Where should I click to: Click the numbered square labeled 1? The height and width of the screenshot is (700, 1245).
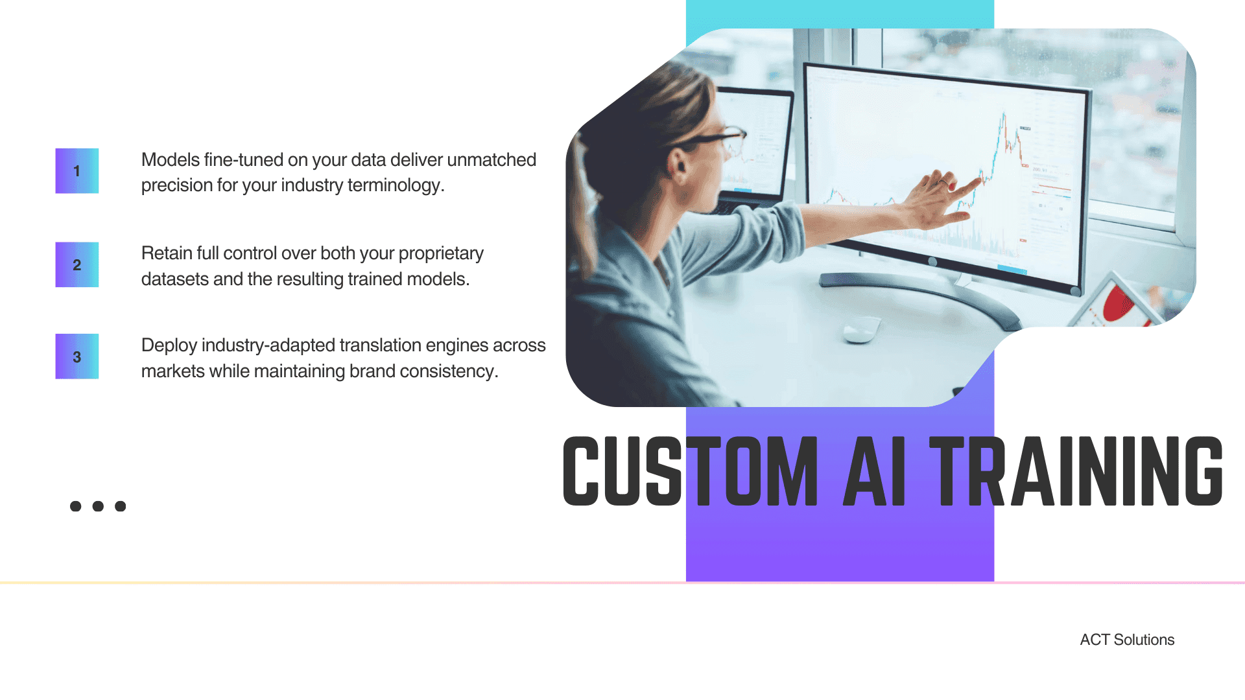coord(77,171)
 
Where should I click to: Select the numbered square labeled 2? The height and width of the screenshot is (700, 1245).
coord(77,264)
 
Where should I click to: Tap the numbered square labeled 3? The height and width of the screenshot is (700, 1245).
coord(77,356)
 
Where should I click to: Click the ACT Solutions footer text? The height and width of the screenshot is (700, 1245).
coord(1127,640)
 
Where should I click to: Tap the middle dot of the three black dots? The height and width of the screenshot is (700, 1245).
coord(98,506)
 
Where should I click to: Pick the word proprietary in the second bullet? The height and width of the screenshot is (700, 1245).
coord(441,253)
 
